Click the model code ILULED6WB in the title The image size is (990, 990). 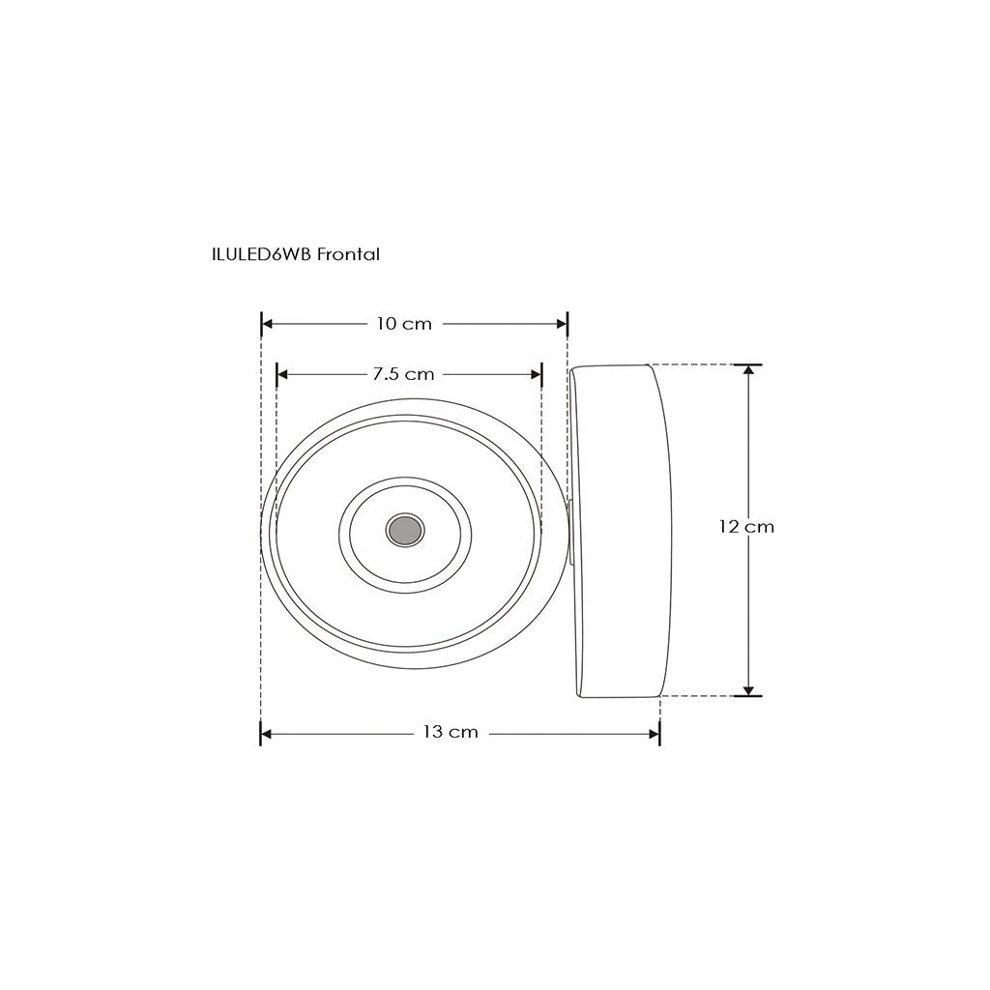[x=261, y=254]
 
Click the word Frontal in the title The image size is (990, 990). [x=348, y=254]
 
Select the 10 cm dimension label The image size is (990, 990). [x=404, y=324]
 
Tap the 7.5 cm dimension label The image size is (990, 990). [x=403, y=374]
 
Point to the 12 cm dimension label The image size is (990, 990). [x=746, y=527]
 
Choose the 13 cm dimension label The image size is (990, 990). [x=451, y=733]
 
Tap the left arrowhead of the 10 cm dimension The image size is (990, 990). [x=267, y=324]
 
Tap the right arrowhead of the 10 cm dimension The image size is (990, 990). [x=562, y=324]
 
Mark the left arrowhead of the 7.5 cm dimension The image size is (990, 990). [x=283, y=374]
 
